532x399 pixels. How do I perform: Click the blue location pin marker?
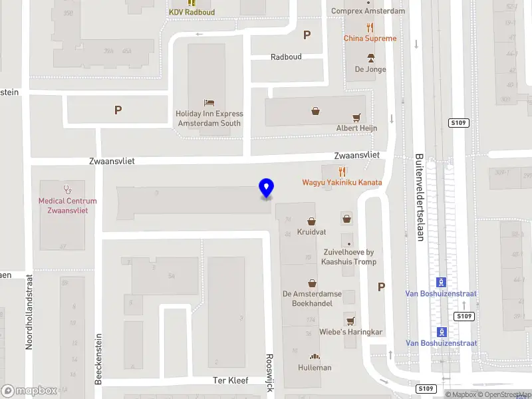point(266,188)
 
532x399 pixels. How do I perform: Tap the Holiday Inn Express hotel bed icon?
point(209,103)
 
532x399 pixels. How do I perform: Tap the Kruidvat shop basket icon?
point(311,221)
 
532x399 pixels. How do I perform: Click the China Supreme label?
point(370,39)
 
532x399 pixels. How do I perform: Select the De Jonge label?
point(370,69)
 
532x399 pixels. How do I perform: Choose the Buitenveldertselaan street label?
point(419,198)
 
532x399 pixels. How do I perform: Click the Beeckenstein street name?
point(98,358)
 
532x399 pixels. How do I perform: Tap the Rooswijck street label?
point(269,372)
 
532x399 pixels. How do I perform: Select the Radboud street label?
point(286,57)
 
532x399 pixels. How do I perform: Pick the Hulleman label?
point(315,368)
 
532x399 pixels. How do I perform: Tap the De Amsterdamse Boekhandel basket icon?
point(311,283)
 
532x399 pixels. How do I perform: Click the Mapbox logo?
point(29,391)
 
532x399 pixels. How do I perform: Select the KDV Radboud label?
point(192,12)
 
